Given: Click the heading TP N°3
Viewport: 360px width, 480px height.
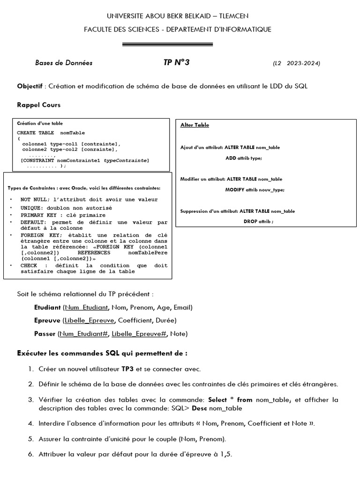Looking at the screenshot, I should (x=176, y=63).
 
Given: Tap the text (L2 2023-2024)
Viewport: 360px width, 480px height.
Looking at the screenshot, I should (x=296, y=63).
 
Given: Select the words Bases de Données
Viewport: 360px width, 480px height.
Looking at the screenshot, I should (x=64, y=63).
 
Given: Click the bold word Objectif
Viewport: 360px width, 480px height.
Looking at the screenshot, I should (x=30, y=87).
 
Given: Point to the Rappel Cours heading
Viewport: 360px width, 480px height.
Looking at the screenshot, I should (x=39, y=105).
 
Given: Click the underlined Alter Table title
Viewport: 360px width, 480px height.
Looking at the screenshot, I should (x=195, y=125).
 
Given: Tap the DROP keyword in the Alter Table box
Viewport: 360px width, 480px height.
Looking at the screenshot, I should (x=250, y=221).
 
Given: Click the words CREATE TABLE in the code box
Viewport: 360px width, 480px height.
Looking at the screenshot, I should (x=36, y=133).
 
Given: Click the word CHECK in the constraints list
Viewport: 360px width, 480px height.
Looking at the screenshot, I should (x=29, y=265).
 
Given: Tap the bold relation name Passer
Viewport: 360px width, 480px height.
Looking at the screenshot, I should (x=45, y=334).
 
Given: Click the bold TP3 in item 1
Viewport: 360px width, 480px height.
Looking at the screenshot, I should (x=128, y=369).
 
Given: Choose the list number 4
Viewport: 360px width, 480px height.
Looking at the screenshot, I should (x=30, y=423).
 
